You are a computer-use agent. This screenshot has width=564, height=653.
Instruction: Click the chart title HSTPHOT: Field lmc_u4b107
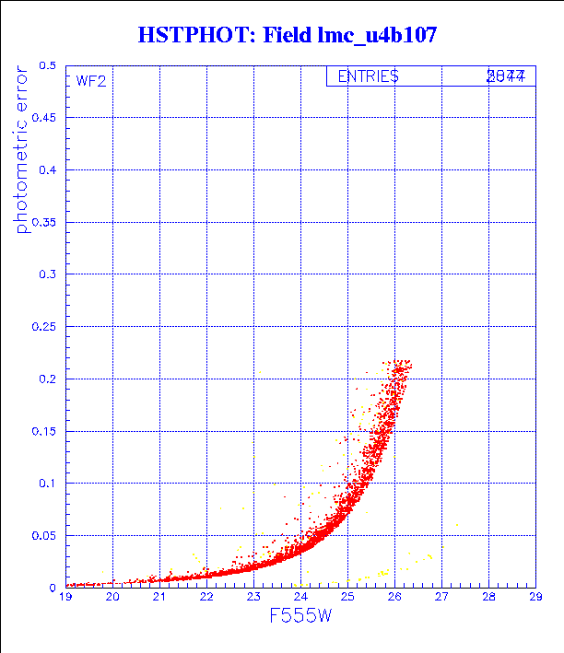coord(287,36)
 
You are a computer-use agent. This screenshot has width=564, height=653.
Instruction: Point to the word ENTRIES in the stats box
coord(368,76)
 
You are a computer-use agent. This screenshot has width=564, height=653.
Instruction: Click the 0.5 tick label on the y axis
coord(47,66)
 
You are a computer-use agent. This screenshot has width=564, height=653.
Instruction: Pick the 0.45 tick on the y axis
coord(44,118)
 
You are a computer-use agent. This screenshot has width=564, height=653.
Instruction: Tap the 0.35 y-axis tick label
coord(44,222)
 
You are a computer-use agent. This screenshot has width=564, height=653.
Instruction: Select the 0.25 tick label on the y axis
coord(44,327)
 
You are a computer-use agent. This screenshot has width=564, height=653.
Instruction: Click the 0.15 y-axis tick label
coord(44,431)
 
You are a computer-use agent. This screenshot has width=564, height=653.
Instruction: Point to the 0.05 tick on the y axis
coord(44,535)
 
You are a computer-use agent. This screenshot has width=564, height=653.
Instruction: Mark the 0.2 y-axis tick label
coord(47,379)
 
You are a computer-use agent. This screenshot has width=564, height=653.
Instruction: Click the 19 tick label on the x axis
coord(65,597)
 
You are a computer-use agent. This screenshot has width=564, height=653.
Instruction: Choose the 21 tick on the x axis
coord(159,597)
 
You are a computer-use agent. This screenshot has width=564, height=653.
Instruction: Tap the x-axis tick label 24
coord(300,597)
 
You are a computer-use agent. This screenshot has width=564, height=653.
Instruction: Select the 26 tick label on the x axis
coord(394,597)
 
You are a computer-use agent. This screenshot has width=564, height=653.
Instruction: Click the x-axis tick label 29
coord(535,597)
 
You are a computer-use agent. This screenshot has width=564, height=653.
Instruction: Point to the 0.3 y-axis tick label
coord(47,274)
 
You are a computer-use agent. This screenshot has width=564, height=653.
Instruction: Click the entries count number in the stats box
coord(506,76)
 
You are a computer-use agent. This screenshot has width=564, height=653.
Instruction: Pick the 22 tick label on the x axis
coord(206,597)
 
